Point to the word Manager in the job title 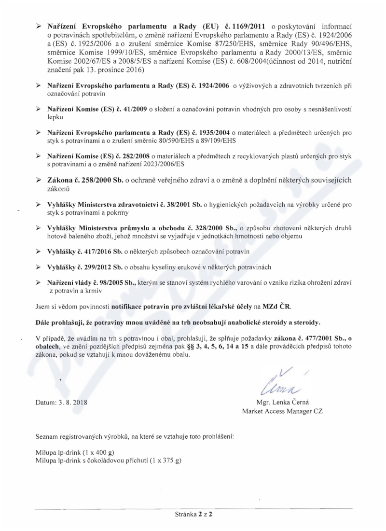[x=300, y=411]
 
